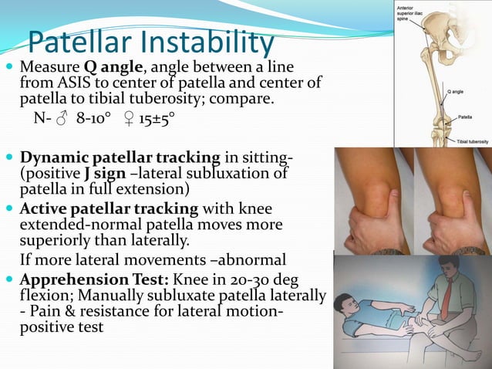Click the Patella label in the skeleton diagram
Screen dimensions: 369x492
coord(464,117)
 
